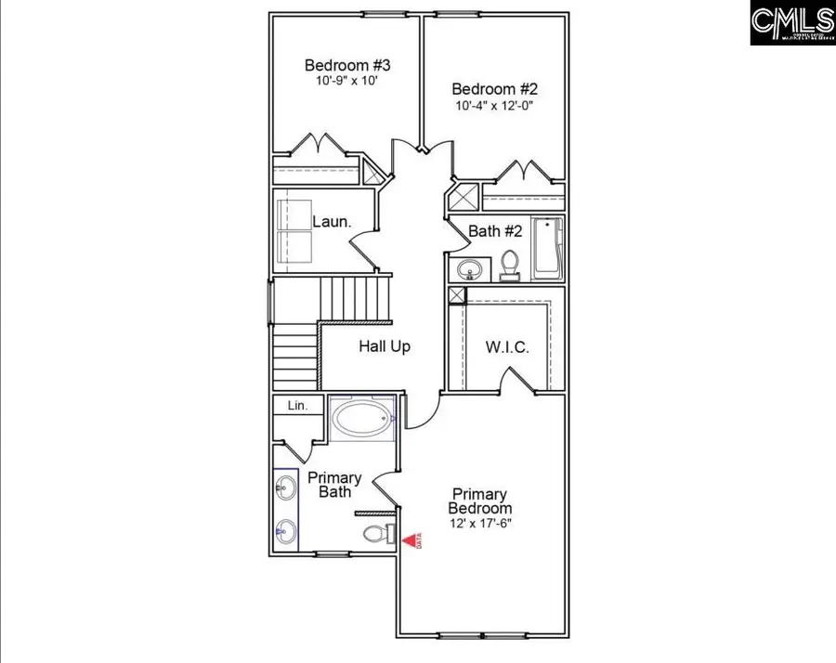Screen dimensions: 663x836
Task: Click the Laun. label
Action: [331, 222]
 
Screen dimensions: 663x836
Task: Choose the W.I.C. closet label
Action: [507, 348]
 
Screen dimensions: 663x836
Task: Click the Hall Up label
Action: [385, 346]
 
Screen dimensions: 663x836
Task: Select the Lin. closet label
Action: [297, 406]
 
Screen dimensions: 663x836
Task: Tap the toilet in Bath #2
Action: [510, 266]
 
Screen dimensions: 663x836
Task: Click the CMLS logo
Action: [792, 23]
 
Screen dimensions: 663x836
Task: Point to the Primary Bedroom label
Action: [480, 501]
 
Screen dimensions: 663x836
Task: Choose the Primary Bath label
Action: [334, 485]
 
